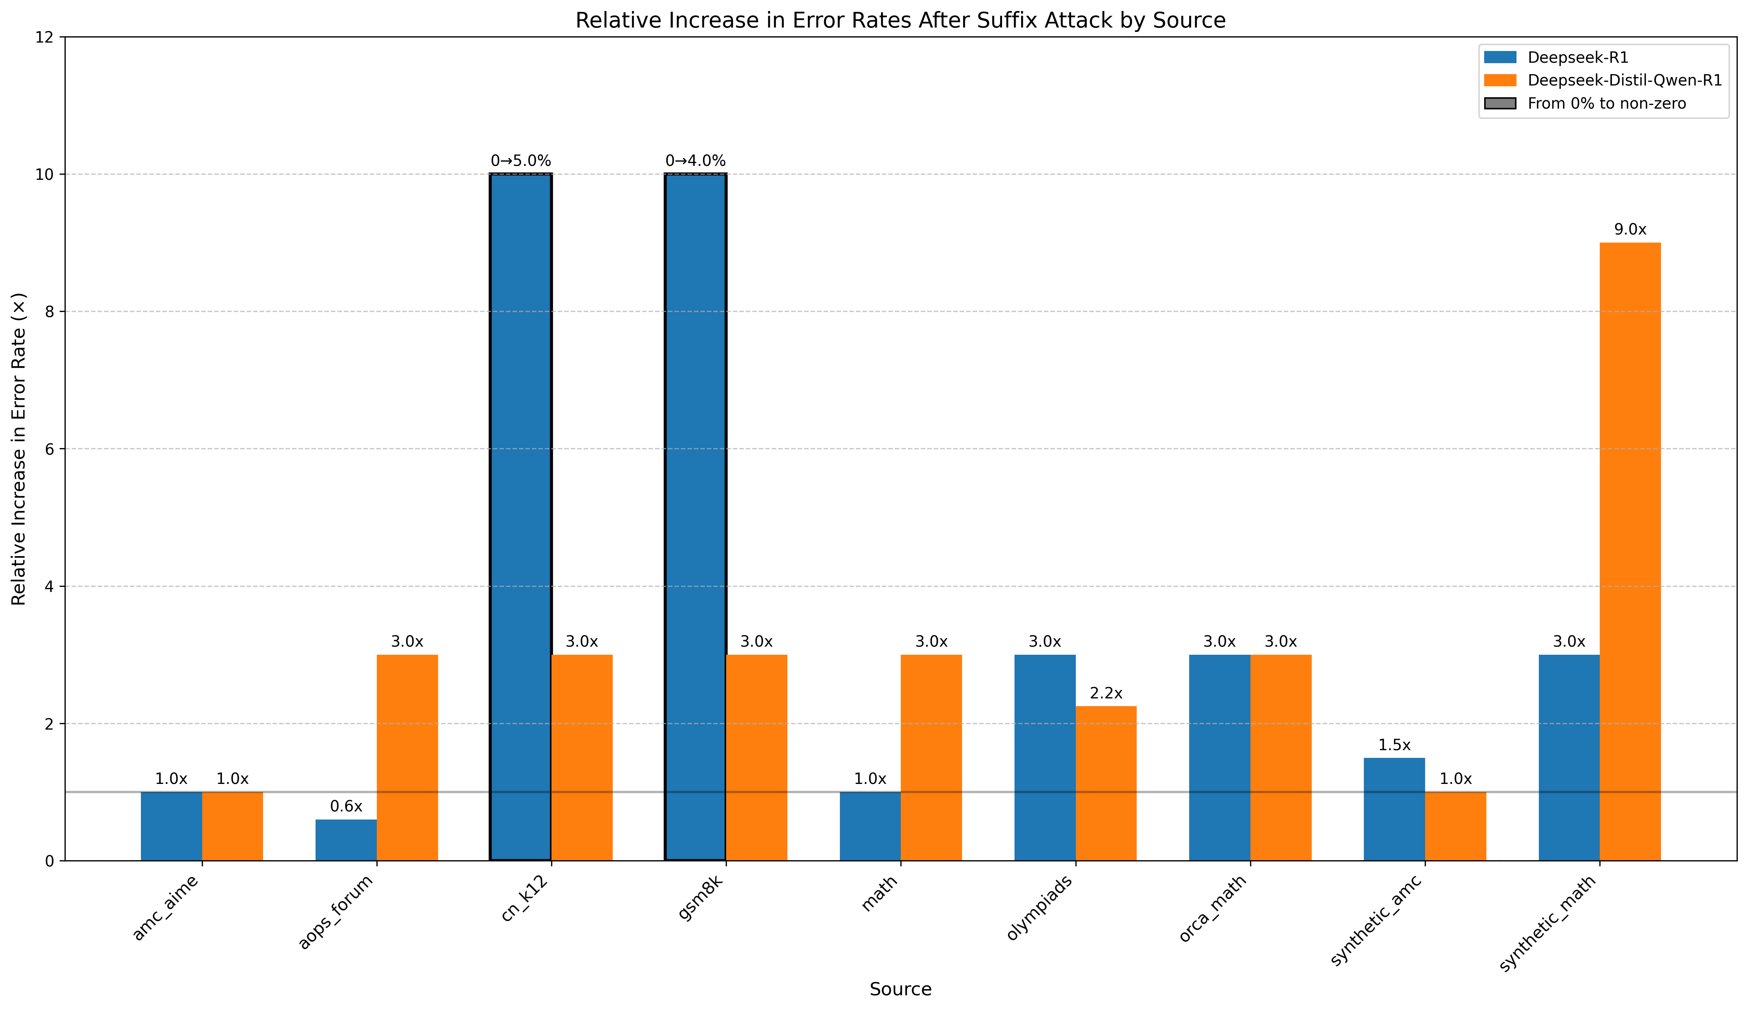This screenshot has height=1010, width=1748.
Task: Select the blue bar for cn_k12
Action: (521, 517)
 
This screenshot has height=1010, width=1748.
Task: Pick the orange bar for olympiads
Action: (1106, 783)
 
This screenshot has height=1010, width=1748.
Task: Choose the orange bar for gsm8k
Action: (757, 757)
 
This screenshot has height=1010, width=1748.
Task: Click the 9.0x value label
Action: (1630, 230)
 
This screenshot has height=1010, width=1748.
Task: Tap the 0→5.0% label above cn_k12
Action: (521, 161)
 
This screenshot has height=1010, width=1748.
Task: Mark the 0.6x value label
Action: (346, 806)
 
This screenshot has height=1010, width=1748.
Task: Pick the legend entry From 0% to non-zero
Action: (1606, 103)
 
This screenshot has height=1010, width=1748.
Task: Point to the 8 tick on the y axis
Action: (51, 312)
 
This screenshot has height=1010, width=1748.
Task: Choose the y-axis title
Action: (19, 449)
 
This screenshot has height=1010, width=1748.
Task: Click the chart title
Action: (900, 20)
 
